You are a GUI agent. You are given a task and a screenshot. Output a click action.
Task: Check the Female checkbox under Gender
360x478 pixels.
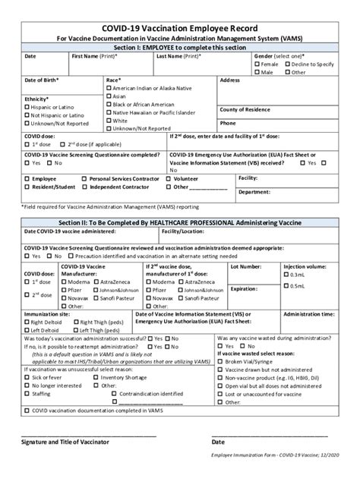pyautogui.click(x=257, y=64)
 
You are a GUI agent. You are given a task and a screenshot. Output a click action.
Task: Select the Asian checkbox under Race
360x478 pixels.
pyautogui.click(x=109, y=96)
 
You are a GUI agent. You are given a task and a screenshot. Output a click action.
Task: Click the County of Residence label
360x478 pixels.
pyautogui.click(x=246, y=110)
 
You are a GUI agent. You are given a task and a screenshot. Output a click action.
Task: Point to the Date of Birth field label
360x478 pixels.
pyautogui.click(x=42, y=80)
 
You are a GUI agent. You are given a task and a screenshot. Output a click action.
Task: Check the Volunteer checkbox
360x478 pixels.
pyautogui.click(x=169, y=178)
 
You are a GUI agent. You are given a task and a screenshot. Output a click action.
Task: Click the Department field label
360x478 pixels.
pyautogui.click(x=255, y=193)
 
